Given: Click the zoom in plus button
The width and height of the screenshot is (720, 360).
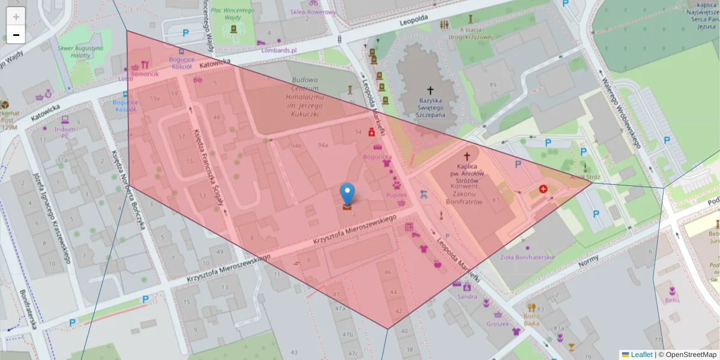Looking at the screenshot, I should (16, 17).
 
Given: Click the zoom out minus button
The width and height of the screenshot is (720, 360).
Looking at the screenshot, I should (16, 35).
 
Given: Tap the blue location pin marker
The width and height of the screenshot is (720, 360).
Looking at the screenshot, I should (347, 194).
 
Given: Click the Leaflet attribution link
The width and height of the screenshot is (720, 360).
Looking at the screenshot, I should (641, 355).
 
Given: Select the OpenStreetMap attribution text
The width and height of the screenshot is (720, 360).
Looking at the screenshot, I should (690, 355).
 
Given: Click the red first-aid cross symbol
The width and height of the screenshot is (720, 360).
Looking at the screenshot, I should (544, 189).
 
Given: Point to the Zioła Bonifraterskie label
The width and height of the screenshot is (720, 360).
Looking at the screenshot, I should (527, 257).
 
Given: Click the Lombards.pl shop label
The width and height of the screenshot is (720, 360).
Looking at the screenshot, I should (279, 50).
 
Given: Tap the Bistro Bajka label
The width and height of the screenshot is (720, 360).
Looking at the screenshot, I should (532, 319).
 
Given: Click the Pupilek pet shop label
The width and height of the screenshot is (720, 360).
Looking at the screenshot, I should (396, 195).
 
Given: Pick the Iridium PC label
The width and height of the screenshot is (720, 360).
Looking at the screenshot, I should (64, 132).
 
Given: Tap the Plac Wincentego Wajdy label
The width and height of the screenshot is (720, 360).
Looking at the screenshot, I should (229, 13).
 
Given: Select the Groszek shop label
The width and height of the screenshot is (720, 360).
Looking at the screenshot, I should (498, 323).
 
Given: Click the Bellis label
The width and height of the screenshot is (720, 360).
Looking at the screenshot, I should (671, 299).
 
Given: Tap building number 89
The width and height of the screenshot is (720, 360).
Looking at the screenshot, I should (493, 85).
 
